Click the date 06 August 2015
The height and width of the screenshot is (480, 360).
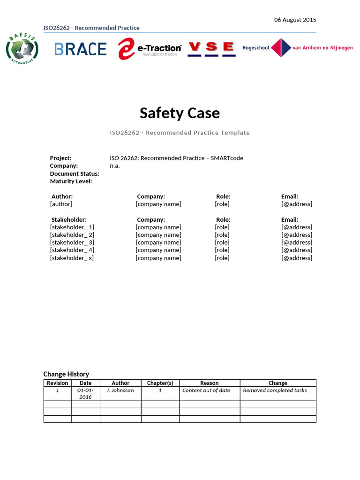(295, 20)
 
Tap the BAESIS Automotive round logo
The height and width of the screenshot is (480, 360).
(22, 48)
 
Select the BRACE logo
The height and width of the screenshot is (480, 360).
(80, 49)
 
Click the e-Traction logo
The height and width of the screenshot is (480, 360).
(150, 49)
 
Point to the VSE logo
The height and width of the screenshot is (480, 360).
(211, 48)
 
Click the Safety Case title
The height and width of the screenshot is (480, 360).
(180, 113)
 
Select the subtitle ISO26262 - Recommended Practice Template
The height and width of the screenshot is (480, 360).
(180, 133)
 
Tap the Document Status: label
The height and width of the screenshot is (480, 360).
(74, 173)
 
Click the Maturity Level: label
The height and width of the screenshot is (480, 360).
(71, 181)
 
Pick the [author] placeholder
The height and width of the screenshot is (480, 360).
(61, 204)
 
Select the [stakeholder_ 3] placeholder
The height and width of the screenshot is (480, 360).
(72, 242)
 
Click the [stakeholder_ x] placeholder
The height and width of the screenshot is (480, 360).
(72, 258)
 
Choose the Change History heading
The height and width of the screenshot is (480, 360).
(66, 374)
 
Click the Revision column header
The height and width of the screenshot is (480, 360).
(58, 383)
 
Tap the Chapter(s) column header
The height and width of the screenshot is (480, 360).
(160, 383)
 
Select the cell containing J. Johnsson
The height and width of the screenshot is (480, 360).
(120, 390)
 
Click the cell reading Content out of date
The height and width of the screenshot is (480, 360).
(206, 390)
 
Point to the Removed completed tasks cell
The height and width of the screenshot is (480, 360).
(275, 390)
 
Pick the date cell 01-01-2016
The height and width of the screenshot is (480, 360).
(85, 394)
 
